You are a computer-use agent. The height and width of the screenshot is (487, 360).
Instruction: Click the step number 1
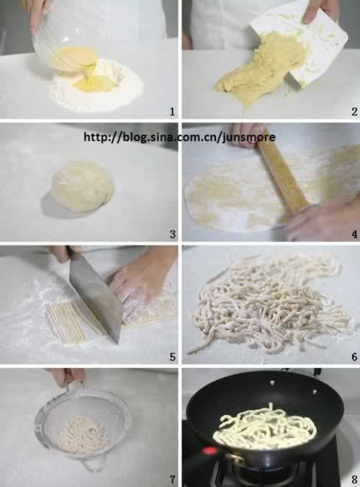point(172,112)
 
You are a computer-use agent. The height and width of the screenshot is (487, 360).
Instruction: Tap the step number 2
point(354,112)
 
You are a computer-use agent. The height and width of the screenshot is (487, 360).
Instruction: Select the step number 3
point(172,234)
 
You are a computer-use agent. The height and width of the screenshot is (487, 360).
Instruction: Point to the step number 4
point(354,234)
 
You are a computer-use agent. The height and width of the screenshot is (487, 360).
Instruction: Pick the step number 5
point(172,357)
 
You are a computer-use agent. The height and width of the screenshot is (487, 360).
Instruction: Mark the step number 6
point(354,357)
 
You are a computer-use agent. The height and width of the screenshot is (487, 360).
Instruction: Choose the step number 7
point(172,479)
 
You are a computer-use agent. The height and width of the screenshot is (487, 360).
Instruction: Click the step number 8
point(354,479)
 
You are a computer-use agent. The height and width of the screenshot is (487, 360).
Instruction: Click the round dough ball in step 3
point(83,187)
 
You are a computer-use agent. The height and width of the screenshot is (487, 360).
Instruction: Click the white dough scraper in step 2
point(306,47)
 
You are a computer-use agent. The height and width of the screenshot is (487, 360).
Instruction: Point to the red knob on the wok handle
point(210,451)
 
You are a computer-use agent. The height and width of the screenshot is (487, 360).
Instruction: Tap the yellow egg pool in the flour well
point(93,84)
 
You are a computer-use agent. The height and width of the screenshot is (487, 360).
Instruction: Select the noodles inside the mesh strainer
point(83,435)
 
